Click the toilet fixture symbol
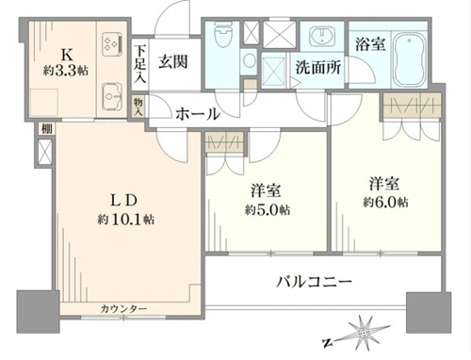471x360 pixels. [x=222, y=35]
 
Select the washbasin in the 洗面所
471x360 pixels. [x=322, y=37]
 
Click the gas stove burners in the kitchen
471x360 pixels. [x=112, y=43]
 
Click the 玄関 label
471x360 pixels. [x=172, y=61]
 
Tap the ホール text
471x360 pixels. [x=198, y=114]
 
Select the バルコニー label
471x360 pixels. [x=315, y=282]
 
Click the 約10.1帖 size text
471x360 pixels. [x=125, y=220]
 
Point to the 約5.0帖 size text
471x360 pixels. [x=268, y=209]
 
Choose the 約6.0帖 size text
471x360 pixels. [x=385, y=202]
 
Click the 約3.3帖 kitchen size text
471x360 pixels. [x=66, y=71]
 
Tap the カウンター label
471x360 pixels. [x=123, y=309]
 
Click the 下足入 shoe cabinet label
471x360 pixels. [x=139, y=64]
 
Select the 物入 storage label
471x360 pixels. [x=138, y=106]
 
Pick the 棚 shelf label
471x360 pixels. [x=47, y=128]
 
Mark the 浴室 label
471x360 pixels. [x=370, y=44]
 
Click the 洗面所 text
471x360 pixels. [x=318, y=67]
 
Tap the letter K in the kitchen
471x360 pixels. [x=67, y=56]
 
